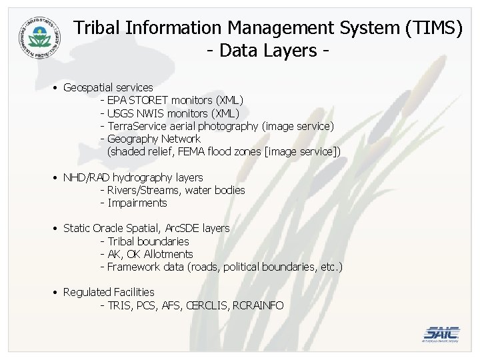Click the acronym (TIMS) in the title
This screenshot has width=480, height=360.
coord(431,27)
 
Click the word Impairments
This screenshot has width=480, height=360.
coord(138,203)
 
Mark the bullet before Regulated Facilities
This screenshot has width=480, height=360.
coord(53,293)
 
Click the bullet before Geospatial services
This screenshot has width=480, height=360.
coord(53,87)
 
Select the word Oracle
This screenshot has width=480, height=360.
coord(109,228)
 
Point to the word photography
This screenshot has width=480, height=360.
coord(229,126)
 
